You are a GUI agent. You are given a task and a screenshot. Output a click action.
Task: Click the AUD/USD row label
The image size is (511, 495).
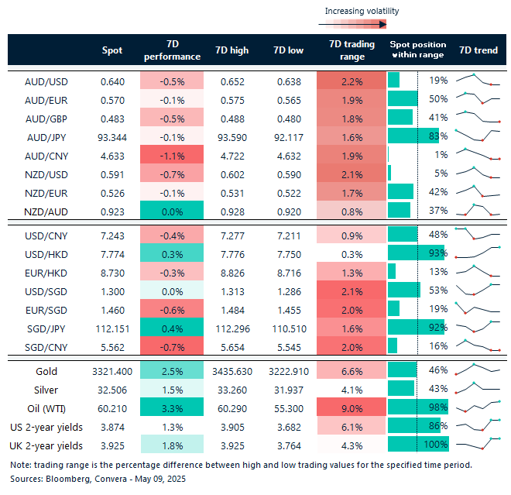pyautogui.click(x=44, y=81)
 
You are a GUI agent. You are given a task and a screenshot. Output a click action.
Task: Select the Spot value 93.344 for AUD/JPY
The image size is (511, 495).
pyautogui.click(x=112, y=136)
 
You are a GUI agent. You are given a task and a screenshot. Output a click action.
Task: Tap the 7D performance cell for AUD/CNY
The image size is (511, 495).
pyautogui.click(x=171, y=155)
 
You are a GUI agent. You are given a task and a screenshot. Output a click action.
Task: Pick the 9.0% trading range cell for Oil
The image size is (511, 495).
pyautogui.click(x=352, y=408)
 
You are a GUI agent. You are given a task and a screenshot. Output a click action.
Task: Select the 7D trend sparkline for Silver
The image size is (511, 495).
pyautogui.click(x=478, y=389)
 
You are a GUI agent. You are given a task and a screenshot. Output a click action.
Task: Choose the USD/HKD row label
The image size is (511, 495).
pyautogui.click(x=44, y=253)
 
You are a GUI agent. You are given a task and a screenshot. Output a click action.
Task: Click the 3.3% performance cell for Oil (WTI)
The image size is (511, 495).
pyautogui.click(x=171, y=408)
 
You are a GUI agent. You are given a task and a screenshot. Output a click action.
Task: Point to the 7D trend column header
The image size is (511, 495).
pyautogui.click(x=478, y=50)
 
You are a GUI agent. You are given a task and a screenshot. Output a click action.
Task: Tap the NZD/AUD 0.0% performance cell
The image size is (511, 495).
pyautogui.click(x=171, y=211)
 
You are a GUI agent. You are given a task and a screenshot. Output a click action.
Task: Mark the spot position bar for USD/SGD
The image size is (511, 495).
pyautogui.click(x=403, y=290)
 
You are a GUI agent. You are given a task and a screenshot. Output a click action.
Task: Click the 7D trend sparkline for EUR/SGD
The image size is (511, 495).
pyautogui.click(x=478, y=308)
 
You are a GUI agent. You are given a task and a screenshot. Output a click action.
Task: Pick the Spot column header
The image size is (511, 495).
pyautogui.click(x=112, y=50)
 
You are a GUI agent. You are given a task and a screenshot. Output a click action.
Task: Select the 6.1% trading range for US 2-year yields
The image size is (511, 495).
pyautogui.click(x=352, y=427)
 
